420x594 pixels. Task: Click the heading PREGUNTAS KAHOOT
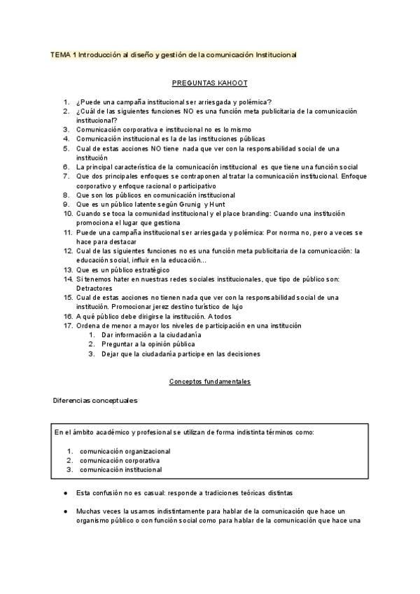tap(209, 83)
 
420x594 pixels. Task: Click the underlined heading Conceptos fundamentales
tap(210, 382)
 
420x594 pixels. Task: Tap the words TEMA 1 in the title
tap(63, 54)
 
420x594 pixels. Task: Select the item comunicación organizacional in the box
tap(125, 451)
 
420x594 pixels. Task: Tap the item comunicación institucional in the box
tap(121, 469)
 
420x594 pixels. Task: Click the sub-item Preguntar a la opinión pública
tap(148, 344)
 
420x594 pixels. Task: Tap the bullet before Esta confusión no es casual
tap(65, 492)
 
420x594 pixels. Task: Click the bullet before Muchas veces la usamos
tap(65, 511)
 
